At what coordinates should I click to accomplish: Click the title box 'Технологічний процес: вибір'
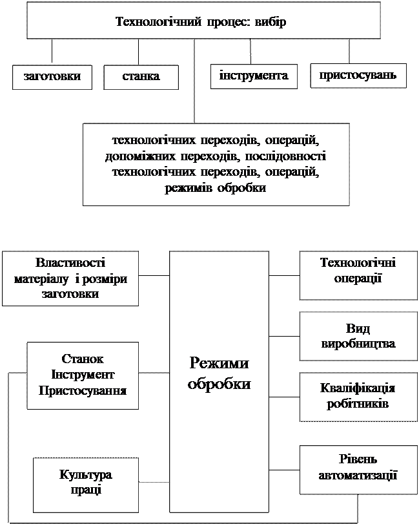coord(203,21)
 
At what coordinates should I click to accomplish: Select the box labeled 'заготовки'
coord(52,77)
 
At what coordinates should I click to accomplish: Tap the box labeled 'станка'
coord(141,77)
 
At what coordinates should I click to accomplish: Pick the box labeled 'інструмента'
coord(254,76)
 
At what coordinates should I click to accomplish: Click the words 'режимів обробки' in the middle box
coord(216,187)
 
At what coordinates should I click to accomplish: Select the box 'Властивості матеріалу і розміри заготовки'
coord(70,278)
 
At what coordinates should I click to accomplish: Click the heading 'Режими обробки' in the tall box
coord(219,374)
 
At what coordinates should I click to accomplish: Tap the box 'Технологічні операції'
coord(358,269)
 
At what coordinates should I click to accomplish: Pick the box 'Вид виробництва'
coord(358,336)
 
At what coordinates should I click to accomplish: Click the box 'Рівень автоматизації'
coord(358,466)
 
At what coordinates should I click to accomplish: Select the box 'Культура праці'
coord(85,482)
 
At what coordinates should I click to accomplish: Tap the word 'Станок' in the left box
coord(82,359)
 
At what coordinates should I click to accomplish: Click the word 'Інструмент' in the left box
coord(82,375)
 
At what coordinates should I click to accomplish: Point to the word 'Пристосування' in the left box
coord(82,391)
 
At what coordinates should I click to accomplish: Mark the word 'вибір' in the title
coord(272,21)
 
